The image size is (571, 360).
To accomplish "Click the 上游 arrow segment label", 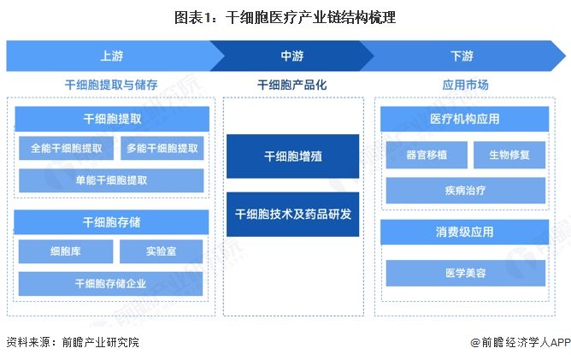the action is click(112, 56).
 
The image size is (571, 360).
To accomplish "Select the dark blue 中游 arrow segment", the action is click(292, 56).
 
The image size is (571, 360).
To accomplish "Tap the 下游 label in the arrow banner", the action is click(462, 56).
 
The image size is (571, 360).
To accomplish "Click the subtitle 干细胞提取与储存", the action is click(111, 85).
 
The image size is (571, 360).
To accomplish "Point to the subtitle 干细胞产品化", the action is click(292, 85).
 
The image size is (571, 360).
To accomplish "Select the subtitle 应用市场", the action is click(465, 85).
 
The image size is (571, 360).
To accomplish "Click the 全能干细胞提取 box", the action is click(67, 148).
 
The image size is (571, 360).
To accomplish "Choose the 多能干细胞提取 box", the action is click(162, 148).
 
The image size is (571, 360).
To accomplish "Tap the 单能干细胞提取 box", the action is click(111, 180).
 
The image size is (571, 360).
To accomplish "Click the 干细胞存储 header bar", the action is click(111, 222).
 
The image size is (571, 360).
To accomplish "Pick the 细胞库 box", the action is click(66, 251).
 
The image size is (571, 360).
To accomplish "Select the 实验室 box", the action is click(161, 251).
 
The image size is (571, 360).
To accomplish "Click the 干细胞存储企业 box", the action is click(111, 284).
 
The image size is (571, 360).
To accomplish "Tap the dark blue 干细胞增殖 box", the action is click(293, 156).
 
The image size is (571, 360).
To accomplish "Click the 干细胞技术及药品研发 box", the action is click(293, 215).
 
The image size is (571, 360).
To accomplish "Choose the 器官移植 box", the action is click(427, 155).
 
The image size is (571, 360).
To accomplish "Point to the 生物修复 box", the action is click(509, 155).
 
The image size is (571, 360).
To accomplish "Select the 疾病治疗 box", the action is click(465, 190).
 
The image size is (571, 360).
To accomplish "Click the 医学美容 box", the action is click(465, 273).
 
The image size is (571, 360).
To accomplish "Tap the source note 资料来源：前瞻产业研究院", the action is click(73, 342).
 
